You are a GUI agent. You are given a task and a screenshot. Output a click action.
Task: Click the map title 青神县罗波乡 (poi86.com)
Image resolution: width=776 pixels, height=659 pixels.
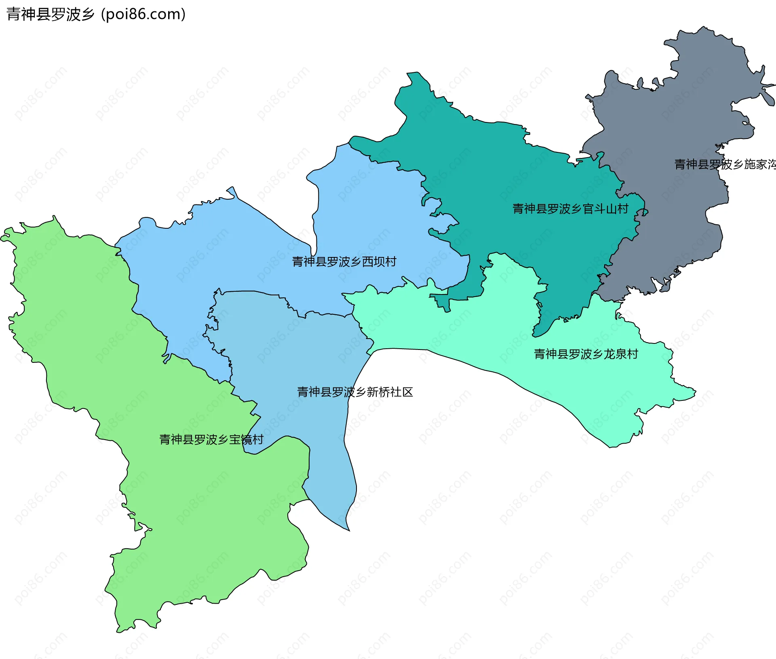96,14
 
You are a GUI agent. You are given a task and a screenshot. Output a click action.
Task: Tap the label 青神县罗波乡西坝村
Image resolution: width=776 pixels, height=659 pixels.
344,262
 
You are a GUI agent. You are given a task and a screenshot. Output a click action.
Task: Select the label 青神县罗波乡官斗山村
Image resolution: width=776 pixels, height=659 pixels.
570,209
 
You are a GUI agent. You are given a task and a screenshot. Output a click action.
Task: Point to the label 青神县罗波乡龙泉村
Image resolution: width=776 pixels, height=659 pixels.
586,354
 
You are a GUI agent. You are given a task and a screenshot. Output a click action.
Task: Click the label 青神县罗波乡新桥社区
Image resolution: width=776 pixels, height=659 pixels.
355,392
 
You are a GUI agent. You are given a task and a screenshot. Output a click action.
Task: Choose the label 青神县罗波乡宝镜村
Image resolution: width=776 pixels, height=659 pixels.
211,440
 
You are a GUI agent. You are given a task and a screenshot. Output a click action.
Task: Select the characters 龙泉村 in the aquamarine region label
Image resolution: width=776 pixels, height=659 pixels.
621,354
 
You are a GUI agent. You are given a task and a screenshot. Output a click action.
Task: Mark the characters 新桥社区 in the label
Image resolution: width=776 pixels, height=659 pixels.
390,392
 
